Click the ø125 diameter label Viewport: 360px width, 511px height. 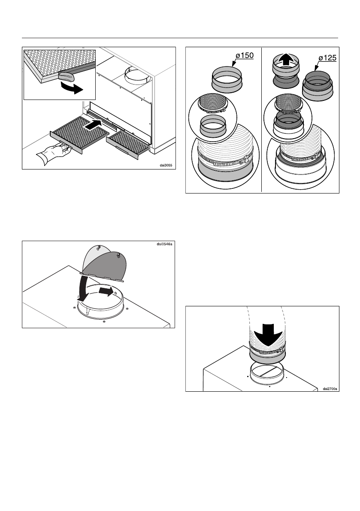[325, 59]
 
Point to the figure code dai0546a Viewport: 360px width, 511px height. [164, 245]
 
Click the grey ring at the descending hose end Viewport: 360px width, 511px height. [266, 355]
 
